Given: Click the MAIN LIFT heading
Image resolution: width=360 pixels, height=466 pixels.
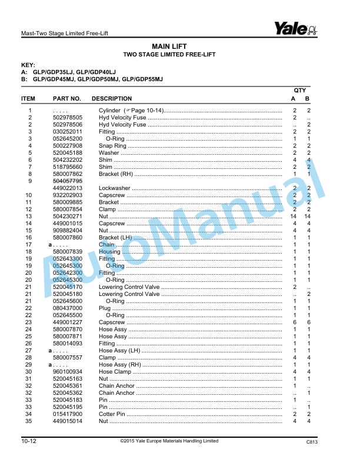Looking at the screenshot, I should [x=169, y=46].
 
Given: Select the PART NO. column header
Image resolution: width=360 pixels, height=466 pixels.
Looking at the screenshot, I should [x=66, y=99].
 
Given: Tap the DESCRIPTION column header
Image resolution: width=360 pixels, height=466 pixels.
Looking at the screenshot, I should [x=112, y=99].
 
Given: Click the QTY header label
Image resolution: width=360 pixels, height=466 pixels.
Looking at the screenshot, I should [x=300, y=90].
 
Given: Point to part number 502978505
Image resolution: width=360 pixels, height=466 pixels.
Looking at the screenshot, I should [x=68, y=118].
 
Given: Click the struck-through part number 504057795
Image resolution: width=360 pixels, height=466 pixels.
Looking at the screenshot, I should [x=68, y=181].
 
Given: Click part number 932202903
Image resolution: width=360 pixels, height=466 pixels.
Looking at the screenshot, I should [x=68, y=195].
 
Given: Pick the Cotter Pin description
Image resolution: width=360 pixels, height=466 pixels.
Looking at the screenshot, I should [x=112, y=414].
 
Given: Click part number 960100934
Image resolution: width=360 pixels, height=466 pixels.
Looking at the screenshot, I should [x=68, y=372].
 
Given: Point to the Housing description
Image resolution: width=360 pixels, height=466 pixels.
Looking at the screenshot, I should [x=109, y=252].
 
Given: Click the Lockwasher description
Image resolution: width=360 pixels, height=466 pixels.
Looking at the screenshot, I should [x=115, y=188].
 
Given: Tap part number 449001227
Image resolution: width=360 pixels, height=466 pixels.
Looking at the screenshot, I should [x=68, y=322].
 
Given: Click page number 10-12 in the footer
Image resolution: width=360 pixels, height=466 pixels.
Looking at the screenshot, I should [x=29, y=441].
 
